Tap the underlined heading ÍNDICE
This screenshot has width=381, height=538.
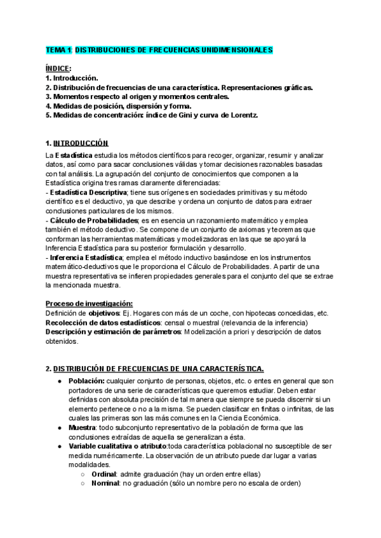pos(58,69)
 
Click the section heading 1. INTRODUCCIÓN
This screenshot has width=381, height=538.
pos(77,143)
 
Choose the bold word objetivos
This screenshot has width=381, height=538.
pos(104,313)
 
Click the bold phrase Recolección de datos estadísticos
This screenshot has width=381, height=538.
pos(102,323)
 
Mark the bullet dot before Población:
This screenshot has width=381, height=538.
pos(60,380)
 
